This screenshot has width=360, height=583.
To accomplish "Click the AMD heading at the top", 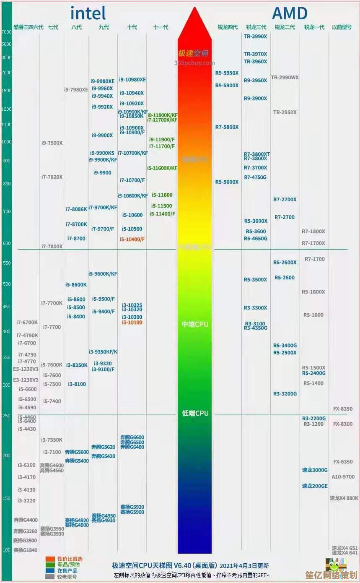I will click(x=290, y=13).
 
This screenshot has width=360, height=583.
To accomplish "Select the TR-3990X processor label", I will click(x=255, y=36).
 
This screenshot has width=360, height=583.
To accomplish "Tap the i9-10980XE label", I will click(x=132, y=80).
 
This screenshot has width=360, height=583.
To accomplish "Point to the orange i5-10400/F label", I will click(x=132, y=239).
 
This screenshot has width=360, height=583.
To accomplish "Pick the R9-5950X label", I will click(x=227, y=73).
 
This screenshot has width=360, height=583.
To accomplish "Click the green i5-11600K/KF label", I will click(x=162, y=168).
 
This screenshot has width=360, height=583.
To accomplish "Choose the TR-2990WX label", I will click(x=285, y=78).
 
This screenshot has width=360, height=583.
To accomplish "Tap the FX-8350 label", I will click(x=343, y=409).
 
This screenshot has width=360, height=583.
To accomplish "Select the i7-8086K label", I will click(x=76, y=209).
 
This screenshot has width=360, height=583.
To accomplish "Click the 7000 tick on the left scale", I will click(x=6, y=32).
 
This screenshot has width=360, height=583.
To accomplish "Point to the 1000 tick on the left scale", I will click(x=6, y=142).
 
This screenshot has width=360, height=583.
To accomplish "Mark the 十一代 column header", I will click(x=161, y=27).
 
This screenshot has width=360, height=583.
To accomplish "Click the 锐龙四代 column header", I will click(x=228, y=27).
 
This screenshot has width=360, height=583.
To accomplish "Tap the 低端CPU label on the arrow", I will click(x=195, y=413).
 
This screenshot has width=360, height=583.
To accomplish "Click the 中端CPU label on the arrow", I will click(x=195, y=324).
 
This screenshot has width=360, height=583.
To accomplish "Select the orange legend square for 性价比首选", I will click(x=50, y=559).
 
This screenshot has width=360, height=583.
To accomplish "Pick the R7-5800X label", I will click(x=227, y=127).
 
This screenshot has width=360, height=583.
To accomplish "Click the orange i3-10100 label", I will click(x=132, y=323).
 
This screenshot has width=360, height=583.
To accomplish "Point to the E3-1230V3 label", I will click(x=26, y=369).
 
